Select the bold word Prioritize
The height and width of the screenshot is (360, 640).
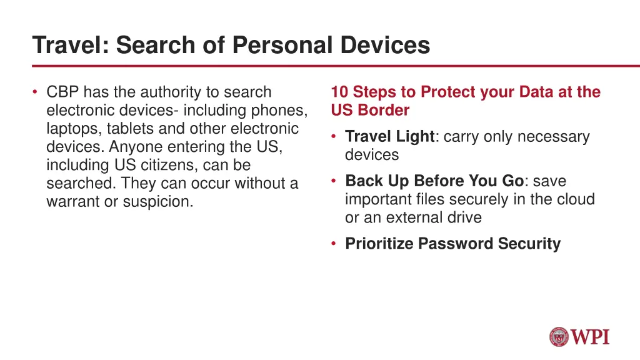tap(379, 244)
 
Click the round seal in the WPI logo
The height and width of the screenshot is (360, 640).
tap(559, 337)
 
